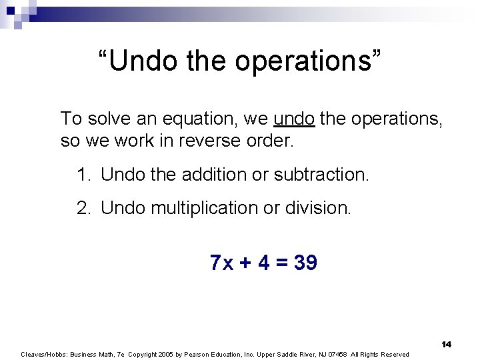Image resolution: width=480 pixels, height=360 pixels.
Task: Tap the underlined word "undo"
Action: pos(294,119)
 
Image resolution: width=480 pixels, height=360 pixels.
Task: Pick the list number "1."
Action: pos(84,175)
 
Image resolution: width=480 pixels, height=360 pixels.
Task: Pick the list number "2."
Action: pos(84,208)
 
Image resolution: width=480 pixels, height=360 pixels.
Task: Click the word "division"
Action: pos(317,208)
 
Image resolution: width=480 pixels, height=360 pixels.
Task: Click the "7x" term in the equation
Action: pos(221,263)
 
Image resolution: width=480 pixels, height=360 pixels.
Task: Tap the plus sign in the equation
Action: pos(245,263)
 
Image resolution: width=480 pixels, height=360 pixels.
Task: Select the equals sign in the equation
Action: pos(282,263)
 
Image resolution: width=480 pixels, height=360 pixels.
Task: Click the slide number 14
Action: pos(446,344)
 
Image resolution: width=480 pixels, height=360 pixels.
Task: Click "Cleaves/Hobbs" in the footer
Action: pos(41,354)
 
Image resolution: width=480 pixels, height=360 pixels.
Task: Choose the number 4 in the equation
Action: pos(264,263)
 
